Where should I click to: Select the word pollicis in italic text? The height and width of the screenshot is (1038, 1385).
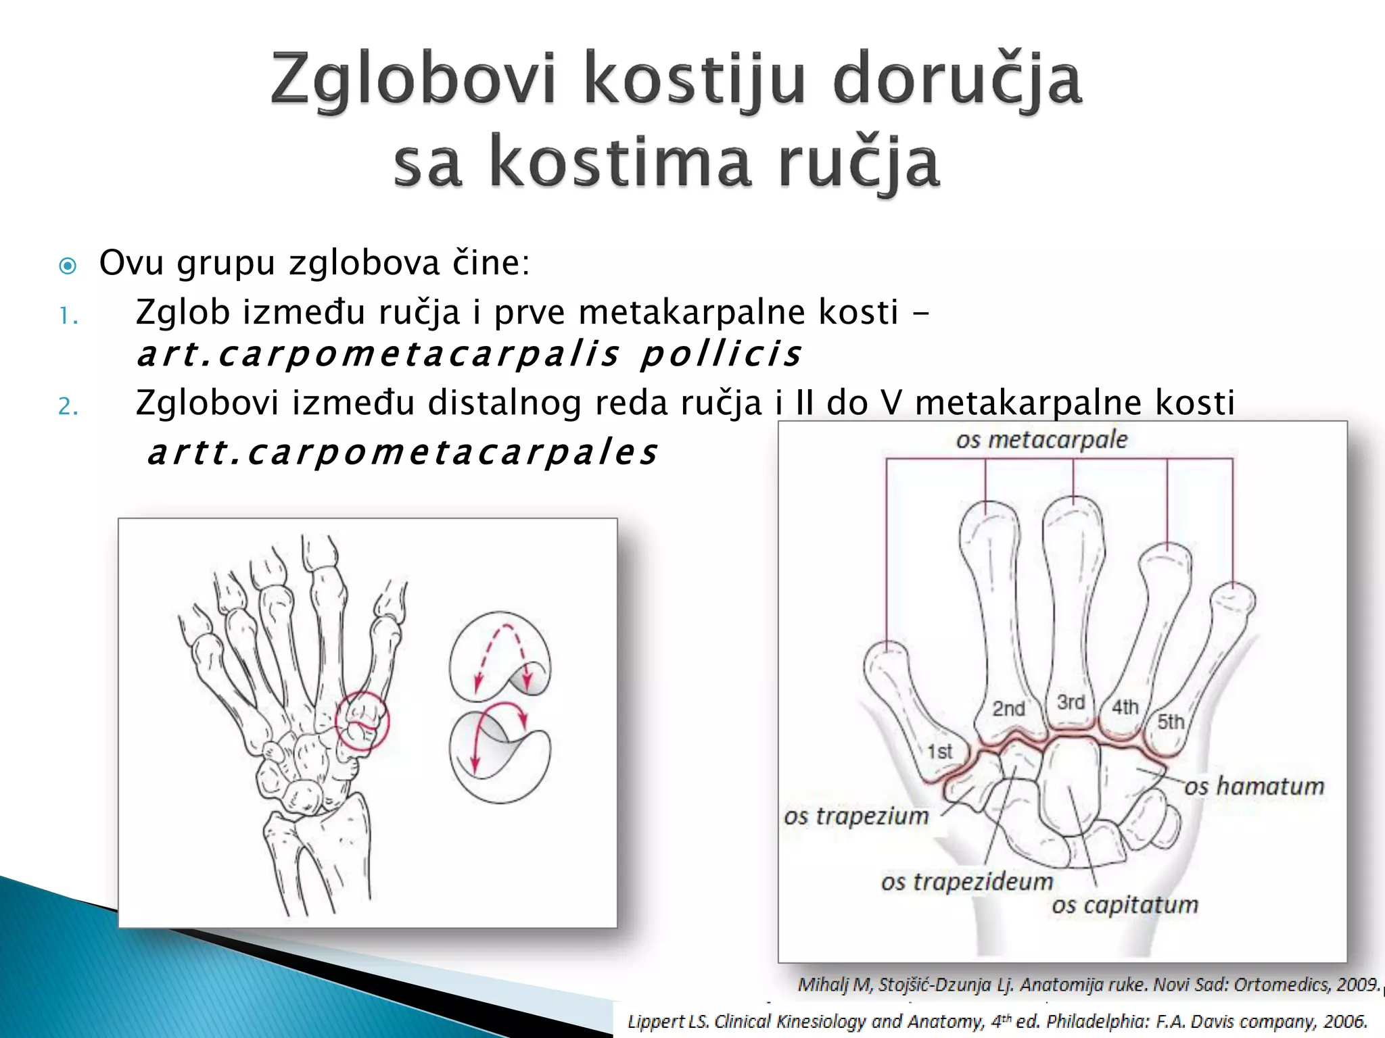[721, 354]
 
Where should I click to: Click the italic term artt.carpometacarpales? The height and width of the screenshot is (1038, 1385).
[403, 452]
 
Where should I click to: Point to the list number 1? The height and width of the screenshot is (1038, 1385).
[68, 316]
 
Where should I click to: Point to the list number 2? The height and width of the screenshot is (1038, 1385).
[68, 406]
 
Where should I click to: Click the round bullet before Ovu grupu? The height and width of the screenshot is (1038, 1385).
[68, 266]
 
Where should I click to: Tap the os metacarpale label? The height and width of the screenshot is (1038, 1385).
[1041, 440]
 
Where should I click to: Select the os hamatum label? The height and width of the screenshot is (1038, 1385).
[1254, 786]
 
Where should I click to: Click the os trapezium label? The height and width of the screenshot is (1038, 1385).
[856, 816]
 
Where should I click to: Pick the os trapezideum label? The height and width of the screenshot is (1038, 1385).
[967, 881]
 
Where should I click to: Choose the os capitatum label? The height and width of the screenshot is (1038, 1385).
[1125, 904]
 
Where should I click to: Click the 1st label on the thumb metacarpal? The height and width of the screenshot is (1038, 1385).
[939, 751]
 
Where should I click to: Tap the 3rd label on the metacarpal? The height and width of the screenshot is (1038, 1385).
[1071, 702]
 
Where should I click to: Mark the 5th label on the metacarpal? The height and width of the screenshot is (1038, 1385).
[1171, 721]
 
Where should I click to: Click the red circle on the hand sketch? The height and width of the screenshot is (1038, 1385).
[362, 722]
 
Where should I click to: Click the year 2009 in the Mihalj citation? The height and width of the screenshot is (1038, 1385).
[1358, 984]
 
